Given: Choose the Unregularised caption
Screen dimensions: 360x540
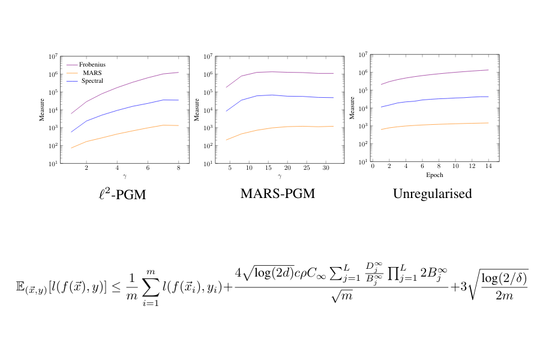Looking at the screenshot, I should point(432,194).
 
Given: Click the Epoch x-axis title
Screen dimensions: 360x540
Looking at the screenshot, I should point(432,176).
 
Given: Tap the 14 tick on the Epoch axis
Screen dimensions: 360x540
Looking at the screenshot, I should point(488,166).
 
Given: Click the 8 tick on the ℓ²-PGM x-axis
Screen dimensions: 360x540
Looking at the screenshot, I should point(179,168).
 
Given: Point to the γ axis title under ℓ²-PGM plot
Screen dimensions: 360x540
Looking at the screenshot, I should point(125,176).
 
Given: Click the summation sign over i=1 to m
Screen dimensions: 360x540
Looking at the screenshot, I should point(151,286).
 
